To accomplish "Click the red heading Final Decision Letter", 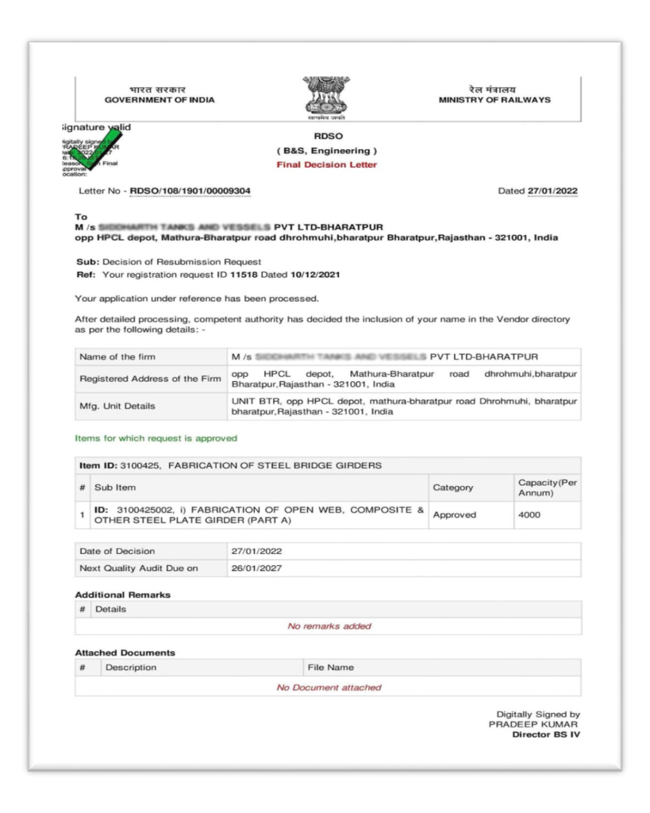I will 327,165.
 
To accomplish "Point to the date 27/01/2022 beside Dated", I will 552,191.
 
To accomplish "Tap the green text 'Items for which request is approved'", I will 156,437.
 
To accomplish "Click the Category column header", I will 452,487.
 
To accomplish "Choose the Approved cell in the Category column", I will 455,514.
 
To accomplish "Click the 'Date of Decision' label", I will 117,551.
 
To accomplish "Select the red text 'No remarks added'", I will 329,626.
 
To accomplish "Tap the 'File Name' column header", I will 331,667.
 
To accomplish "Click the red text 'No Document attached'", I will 329,687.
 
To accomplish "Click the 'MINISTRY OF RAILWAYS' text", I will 494,99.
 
